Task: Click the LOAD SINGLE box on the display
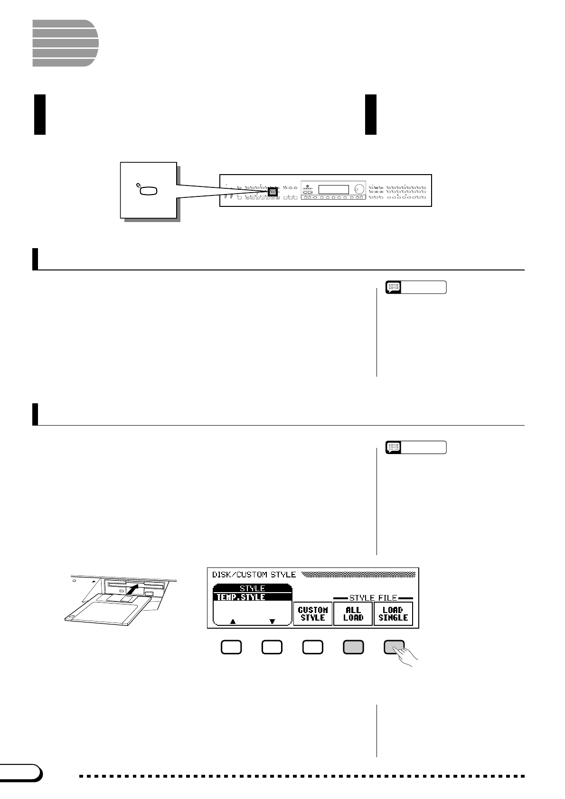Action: point(393,613)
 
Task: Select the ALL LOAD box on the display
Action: point(353,613)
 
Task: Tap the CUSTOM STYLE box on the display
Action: point(312,613)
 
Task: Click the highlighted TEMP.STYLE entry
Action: point(252,597)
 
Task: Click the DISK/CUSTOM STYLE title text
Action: point(254,575)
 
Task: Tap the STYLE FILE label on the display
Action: point(373,598)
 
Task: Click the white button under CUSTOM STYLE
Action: point(313,647)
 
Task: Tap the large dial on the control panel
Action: point(359,189)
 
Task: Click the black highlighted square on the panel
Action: point(272,192)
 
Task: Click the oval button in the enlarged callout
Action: point(148,191)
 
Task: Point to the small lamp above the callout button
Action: point(138,185)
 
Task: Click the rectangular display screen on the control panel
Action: point(333,189)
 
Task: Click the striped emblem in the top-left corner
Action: point(65,43)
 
